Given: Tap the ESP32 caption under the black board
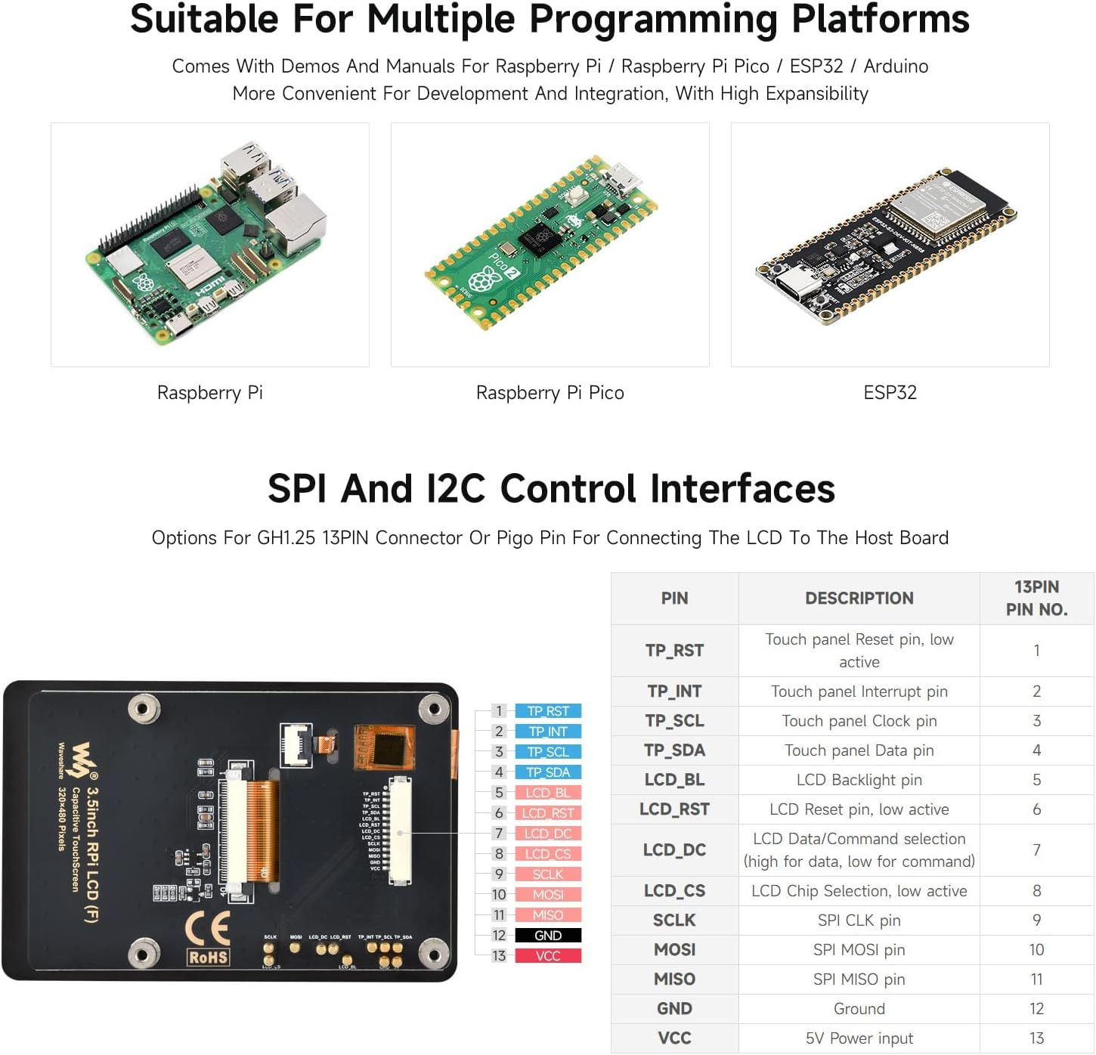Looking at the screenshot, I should [x=890, y=392].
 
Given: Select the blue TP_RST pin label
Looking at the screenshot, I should [x=548, y=711].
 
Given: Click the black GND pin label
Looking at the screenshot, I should [x=548, y=936].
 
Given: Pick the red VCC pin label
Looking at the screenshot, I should [x=548, y=956].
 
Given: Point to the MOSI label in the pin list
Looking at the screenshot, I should [x=548, y=895].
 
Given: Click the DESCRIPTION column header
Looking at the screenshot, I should [x=859, y=599].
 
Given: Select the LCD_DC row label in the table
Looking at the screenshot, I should [x=674, y=850].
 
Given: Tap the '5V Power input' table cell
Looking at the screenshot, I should [x=859, y=1038].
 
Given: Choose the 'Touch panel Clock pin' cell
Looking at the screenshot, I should [x=859, y=721].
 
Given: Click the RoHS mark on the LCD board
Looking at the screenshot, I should [x=208, y=958].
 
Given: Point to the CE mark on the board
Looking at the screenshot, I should [x=208, y=928].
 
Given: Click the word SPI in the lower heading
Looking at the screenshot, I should [x=296, y=489].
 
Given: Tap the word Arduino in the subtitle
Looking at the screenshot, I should [x=896, y=67].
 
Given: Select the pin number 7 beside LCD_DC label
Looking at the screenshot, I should [x=499, y=834].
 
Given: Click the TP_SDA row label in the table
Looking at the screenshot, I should [x=674, y=750].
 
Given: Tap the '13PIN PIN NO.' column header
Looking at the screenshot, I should [x=1036, y=599].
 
